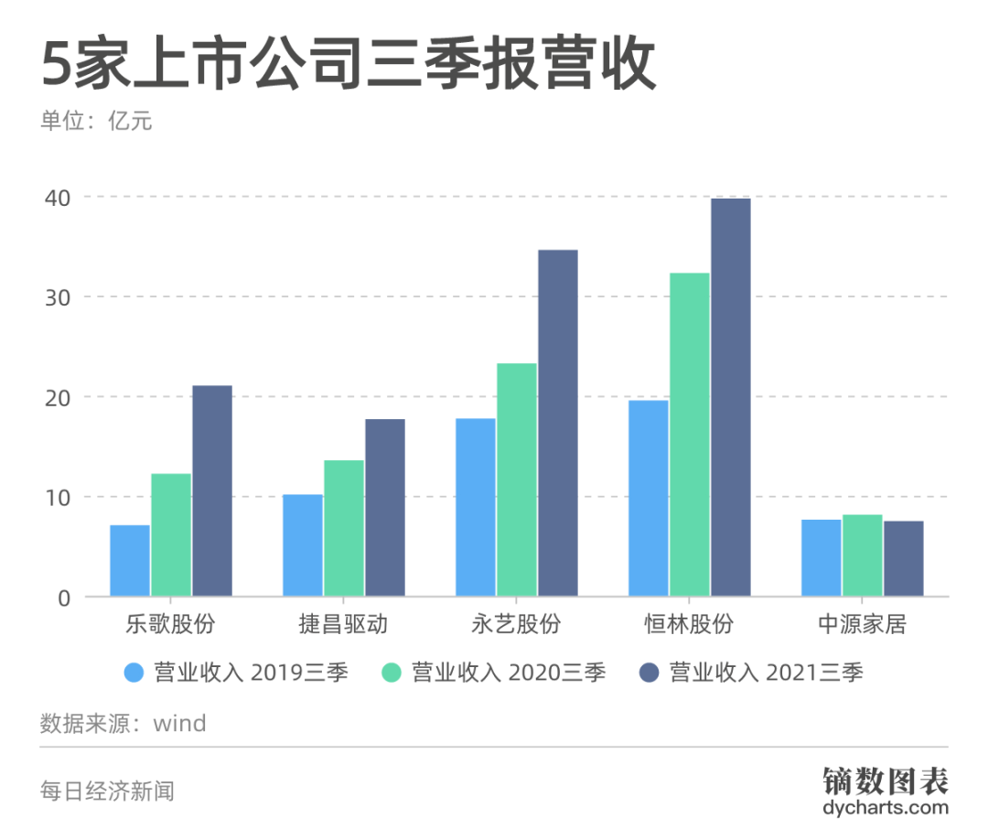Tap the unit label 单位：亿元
pyautogui.click(x=95, y=121)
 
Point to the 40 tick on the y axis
pyautogui.click(x=58, y=198)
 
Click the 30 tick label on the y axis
pyautogui.click(x=58, y=297)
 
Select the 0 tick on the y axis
pyautogui.click(x=64, y=598)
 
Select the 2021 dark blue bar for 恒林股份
pyautogui.click(x=730, y=397)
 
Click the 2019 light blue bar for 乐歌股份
pyautogui.click(x=130, y=560)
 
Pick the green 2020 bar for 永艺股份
pyautogui.click(x=517, y=479)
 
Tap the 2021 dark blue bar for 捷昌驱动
pyautogui.click(x=384, y=507)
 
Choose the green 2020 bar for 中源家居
pyautogui.click(x=863, y=555)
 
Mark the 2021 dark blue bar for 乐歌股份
pyautogui.click(x=211, y=490)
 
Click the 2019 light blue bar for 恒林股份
pyautogui.click(x=649, y=498)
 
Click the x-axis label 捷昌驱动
pyautogui.click(x=343, y=625)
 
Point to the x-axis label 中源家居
pyautogui.click(x=862, y=625)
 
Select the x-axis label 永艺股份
pyautogui.click(x=516, y=625)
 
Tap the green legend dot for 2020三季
pyautogui.click(x=392, y=673)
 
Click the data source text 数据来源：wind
pyautogui.click(x=123, y=724)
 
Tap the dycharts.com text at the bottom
pyautogui.click(x=885, y=808)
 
